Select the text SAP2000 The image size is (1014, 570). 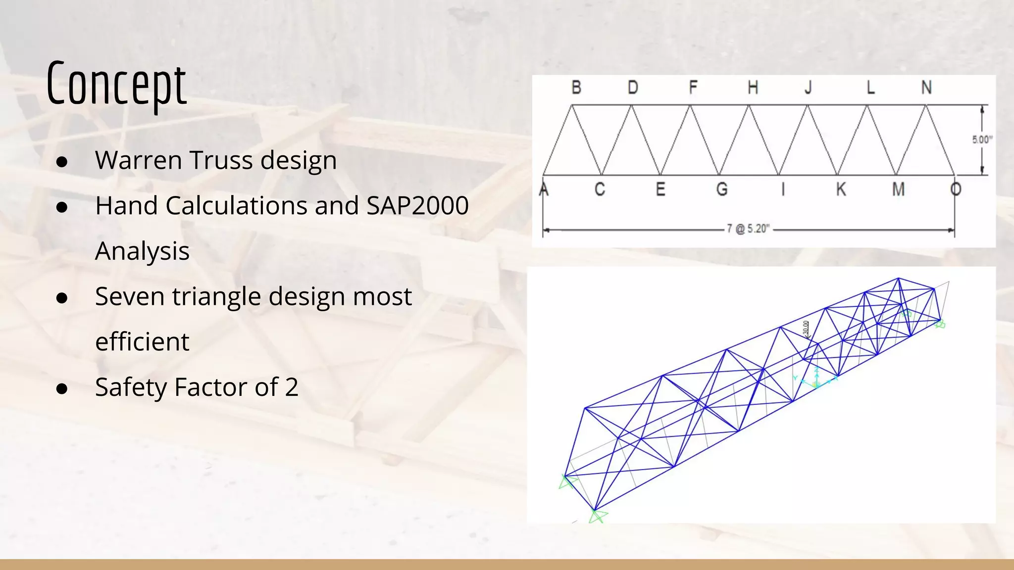(417, 206)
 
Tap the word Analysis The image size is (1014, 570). (142, 251)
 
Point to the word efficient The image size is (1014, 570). (142, 342)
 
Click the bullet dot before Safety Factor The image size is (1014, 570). (62, 388)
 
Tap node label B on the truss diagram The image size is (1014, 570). (576, 88)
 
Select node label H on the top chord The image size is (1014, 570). (753, 88)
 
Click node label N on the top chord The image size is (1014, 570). (926, 88)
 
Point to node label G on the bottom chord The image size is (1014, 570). (722, 189)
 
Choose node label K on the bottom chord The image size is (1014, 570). (841, 189)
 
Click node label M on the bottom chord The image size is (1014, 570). (898, 189)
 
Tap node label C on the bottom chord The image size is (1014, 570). (600, 189)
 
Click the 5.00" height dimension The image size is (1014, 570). (982, 140)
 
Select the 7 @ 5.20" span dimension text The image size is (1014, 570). (748, 229)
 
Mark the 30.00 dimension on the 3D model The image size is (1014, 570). (806, 328)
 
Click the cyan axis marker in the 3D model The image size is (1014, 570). (816, 381)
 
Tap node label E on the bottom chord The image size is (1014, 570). (660, 189)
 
